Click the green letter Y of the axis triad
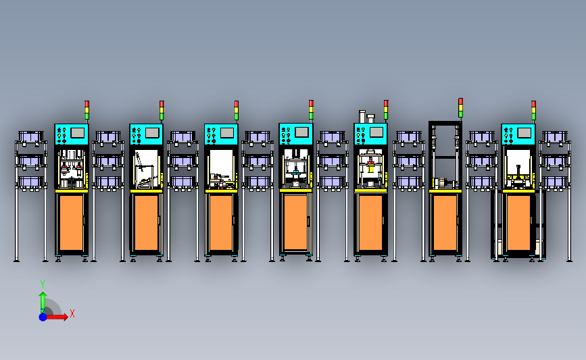tap(42, 284)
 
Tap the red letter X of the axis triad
tap(72, 313)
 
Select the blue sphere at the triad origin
tap(43, 317)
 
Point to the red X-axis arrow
tap(57, 317)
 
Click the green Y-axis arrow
tap(43, 303)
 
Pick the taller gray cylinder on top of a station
tap(362, 117)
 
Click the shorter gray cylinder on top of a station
tap(371, 119)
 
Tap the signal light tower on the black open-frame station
tap(460, 107)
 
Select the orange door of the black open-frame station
tap(445, 223)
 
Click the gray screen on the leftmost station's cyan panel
tap(77, 132)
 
